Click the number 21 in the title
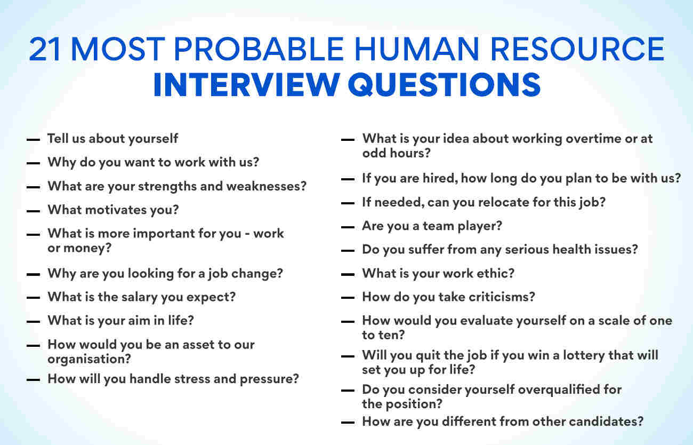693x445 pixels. [x=45, y=49]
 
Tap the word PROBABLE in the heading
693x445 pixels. [x=259, y=49]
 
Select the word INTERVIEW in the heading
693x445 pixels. [x=247, y=84]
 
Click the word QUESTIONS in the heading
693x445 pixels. [x=444, y=85]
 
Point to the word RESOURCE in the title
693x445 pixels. [x=577, y=49]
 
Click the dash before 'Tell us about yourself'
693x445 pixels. [x=33, y=140]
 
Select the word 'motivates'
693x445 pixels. [x=116, y=210]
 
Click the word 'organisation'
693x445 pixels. [x=86, y=359]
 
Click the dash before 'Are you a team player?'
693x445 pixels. [x=348, y=227]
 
